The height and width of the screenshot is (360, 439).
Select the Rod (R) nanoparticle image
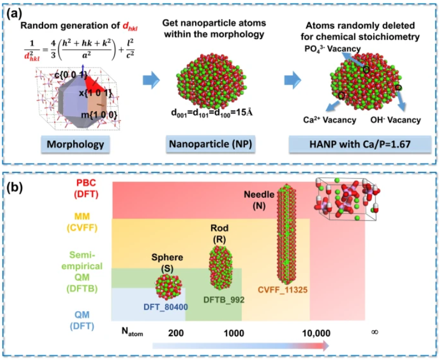tap(222, 268)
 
